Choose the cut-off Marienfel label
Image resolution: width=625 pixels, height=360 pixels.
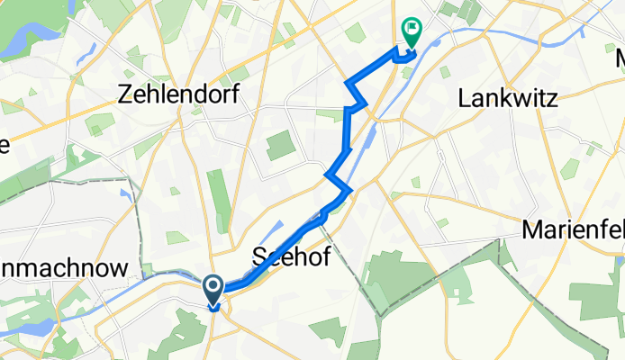pos(573,230)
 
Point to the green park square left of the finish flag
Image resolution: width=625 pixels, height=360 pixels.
pos(356,33)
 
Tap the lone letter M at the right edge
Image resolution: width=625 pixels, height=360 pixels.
pos(620,59)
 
